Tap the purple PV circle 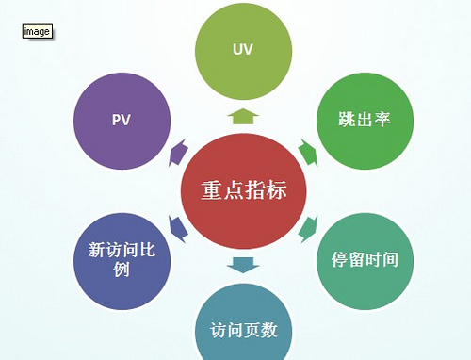[x=121, y=121]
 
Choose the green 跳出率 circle [x=364, y=121]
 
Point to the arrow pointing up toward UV [x=242, y=116]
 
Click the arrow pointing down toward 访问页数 [x=242, y=264]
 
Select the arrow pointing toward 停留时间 [x=307, y=227]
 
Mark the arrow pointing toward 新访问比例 [x=176, y=227]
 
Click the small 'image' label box [x=37, y=31]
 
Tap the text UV [x=242, y=48]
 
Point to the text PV [x=121, y=121]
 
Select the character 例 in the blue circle [x=121, y=270]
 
